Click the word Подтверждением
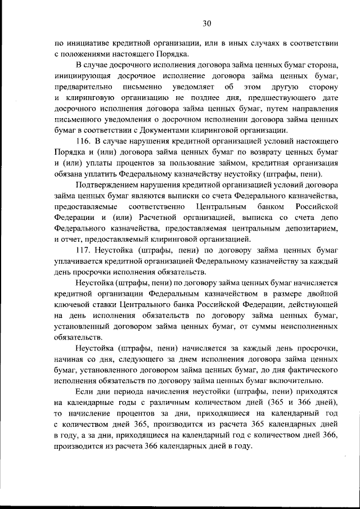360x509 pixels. pos(107,184)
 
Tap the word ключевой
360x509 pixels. pos(74,304)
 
